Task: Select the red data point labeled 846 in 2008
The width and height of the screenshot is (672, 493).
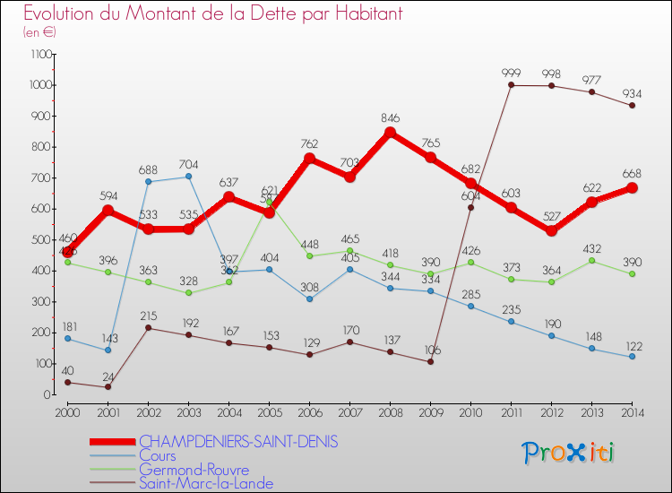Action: pyautogui.click(x=390, y=133)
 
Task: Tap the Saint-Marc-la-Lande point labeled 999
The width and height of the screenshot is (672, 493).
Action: pyautogui.click(x=511, y=85)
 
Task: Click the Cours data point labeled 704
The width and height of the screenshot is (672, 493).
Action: pyautogui.click(x=188, y=177)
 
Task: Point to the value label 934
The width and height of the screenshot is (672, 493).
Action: pyautogui.click(x=632, y=93)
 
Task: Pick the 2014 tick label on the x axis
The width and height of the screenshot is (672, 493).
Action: pyautogui.click(x=632, y=412)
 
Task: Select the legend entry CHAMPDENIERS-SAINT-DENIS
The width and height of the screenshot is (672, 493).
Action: pyautogui.click(x=238, y=442)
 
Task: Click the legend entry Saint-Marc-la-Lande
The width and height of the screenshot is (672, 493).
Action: pyautogui.click(x=205, y=484)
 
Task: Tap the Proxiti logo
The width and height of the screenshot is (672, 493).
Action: pyautogui.click(x=569, y=453)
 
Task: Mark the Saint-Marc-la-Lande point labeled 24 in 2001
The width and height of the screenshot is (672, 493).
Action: pyautogui.click(x=108, y=386)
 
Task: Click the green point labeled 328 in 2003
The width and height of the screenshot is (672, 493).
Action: pyautogui.click(x=188, y=293)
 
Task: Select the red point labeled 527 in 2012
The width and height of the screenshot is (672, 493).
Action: pyautogui.click(x=551, y=231)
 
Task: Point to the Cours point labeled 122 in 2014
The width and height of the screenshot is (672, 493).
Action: pyautogui.click(x=632, y=357)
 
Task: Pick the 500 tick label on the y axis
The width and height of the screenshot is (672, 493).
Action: pyautogui.click(x=40, y=240)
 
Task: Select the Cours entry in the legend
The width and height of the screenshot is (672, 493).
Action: pyautogui.click(x=158, y=456)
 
